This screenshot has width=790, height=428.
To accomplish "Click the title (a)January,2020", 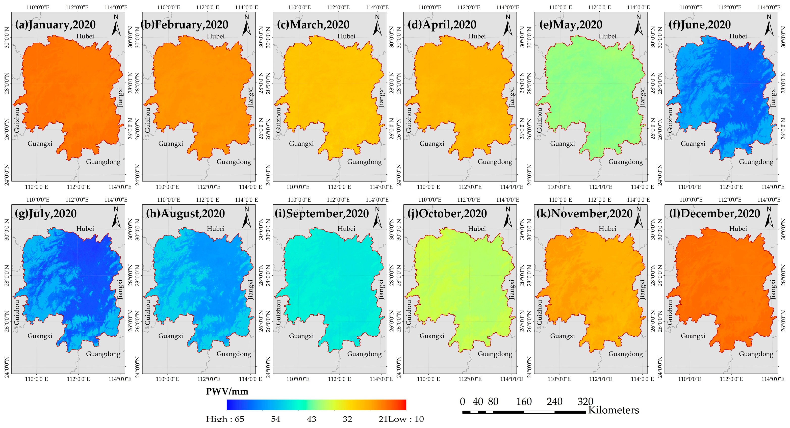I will pyautogui.click(x=55, y=24).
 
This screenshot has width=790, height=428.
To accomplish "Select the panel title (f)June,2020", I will pyautogui.click(x=700, y=24).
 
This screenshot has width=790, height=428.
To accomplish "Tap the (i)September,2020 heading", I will pyautogui.click(x=321, y=213).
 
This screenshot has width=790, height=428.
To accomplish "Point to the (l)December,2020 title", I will pyautogui.click(x=714, y=213).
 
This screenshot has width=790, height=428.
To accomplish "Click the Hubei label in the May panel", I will pyautogui.click(x=607, y=36).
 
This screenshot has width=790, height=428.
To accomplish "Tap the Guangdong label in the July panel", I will pyautogui.click(x=103, y=354).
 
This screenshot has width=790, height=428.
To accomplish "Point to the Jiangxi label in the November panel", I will pyautogui.click(x=643, y=289).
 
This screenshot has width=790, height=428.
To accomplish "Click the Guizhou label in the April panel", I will pyautogui.click(x=409, y=120).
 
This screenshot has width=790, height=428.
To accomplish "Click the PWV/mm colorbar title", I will pyautogui.click(x=227, y=391).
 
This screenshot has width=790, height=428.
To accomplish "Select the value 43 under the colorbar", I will pyautogui.click(x=312, y=419).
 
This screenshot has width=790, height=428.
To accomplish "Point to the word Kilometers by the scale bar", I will pyautogui.click(x=613, y=410).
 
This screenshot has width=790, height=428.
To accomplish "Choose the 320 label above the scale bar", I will pyautogui.click(x=585, y=402).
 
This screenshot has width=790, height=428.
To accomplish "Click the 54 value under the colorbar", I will pyautogui.click(x=275, y=419).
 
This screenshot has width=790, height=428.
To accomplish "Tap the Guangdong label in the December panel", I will pyautogui.click(x=756, y=354).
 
